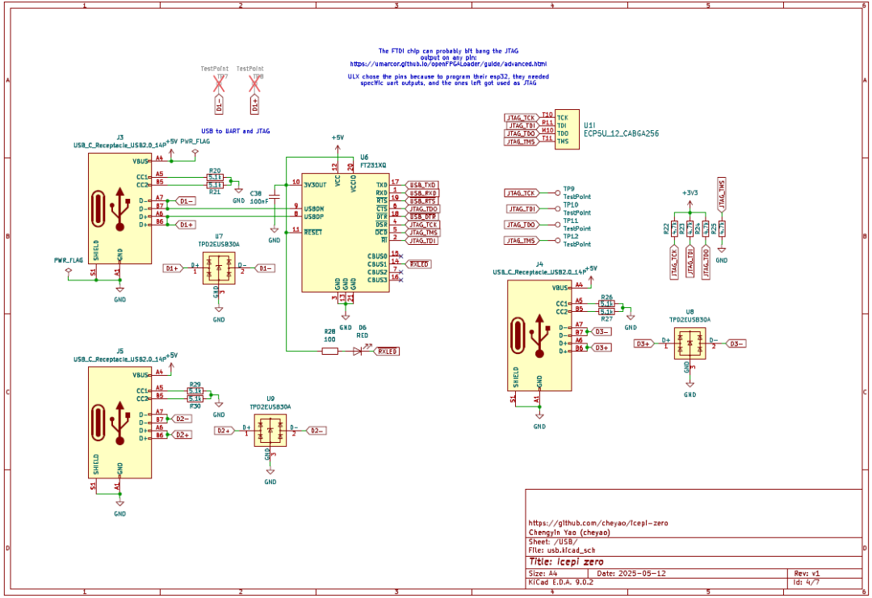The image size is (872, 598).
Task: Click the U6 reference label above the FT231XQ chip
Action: [365, 157]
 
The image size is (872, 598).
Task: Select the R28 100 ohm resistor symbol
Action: [329, 351]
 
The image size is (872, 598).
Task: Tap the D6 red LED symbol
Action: [358, 351]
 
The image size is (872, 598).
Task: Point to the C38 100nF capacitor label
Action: [257, 194]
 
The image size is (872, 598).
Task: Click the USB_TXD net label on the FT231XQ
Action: [423, 183]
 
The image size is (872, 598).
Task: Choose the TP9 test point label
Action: [568, 188]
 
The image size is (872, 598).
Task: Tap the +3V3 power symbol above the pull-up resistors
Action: [689, 193]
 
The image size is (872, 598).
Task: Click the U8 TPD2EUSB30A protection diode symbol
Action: [689, 343]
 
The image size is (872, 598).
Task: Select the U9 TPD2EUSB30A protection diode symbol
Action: [270, 432]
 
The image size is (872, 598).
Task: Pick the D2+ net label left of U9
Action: [224, 431]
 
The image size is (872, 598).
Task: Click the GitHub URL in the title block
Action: [598, 523]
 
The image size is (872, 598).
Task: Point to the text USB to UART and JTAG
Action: [236, 131]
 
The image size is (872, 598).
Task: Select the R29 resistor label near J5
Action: [195, 384]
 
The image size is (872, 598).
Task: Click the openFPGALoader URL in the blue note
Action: [448, 63]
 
